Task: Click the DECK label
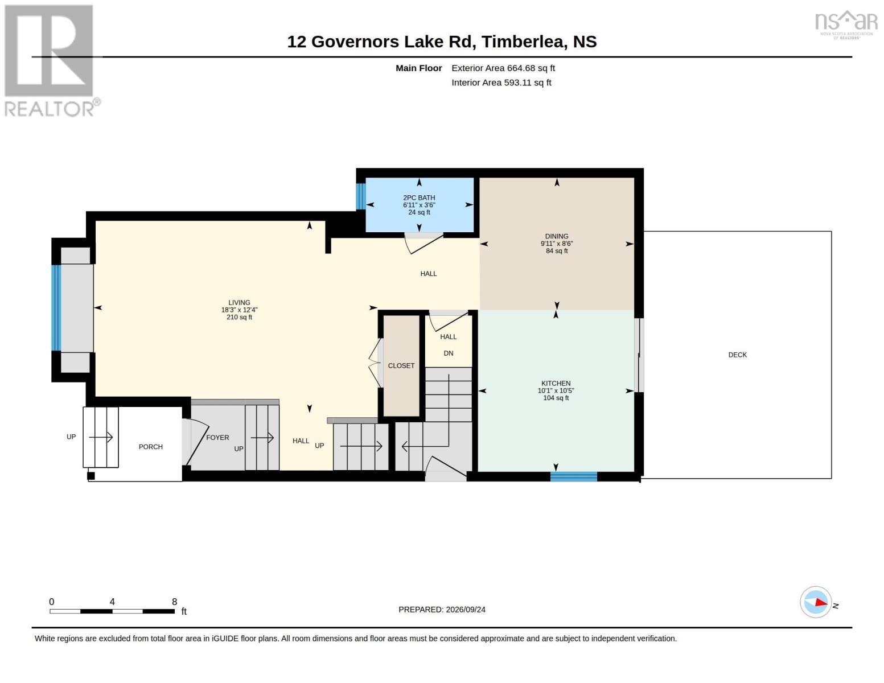coord(737,355)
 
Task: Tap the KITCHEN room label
coord(556,383)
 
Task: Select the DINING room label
coord(557,236)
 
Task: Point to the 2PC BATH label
coord(419,198)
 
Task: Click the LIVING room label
coord(239,303)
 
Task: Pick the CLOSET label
coord(401,366)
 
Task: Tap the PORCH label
coord(150,447)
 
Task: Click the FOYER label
coord(217,437)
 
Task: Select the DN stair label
coord(449,353)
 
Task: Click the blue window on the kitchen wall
coord(574,476)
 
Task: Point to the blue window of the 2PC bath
coord(360,196)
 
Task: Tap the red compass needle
coord(821,602)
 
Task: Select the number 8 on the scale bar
coord(175,602)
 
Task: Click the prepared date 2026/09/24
coord(466,610)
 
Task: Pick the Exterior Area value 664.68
coord(520,68)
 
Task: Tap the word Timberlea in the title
coord(524,42)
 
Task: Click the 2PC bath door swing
coord(424,244)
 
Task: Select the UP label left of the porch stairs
coord(71,437)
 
